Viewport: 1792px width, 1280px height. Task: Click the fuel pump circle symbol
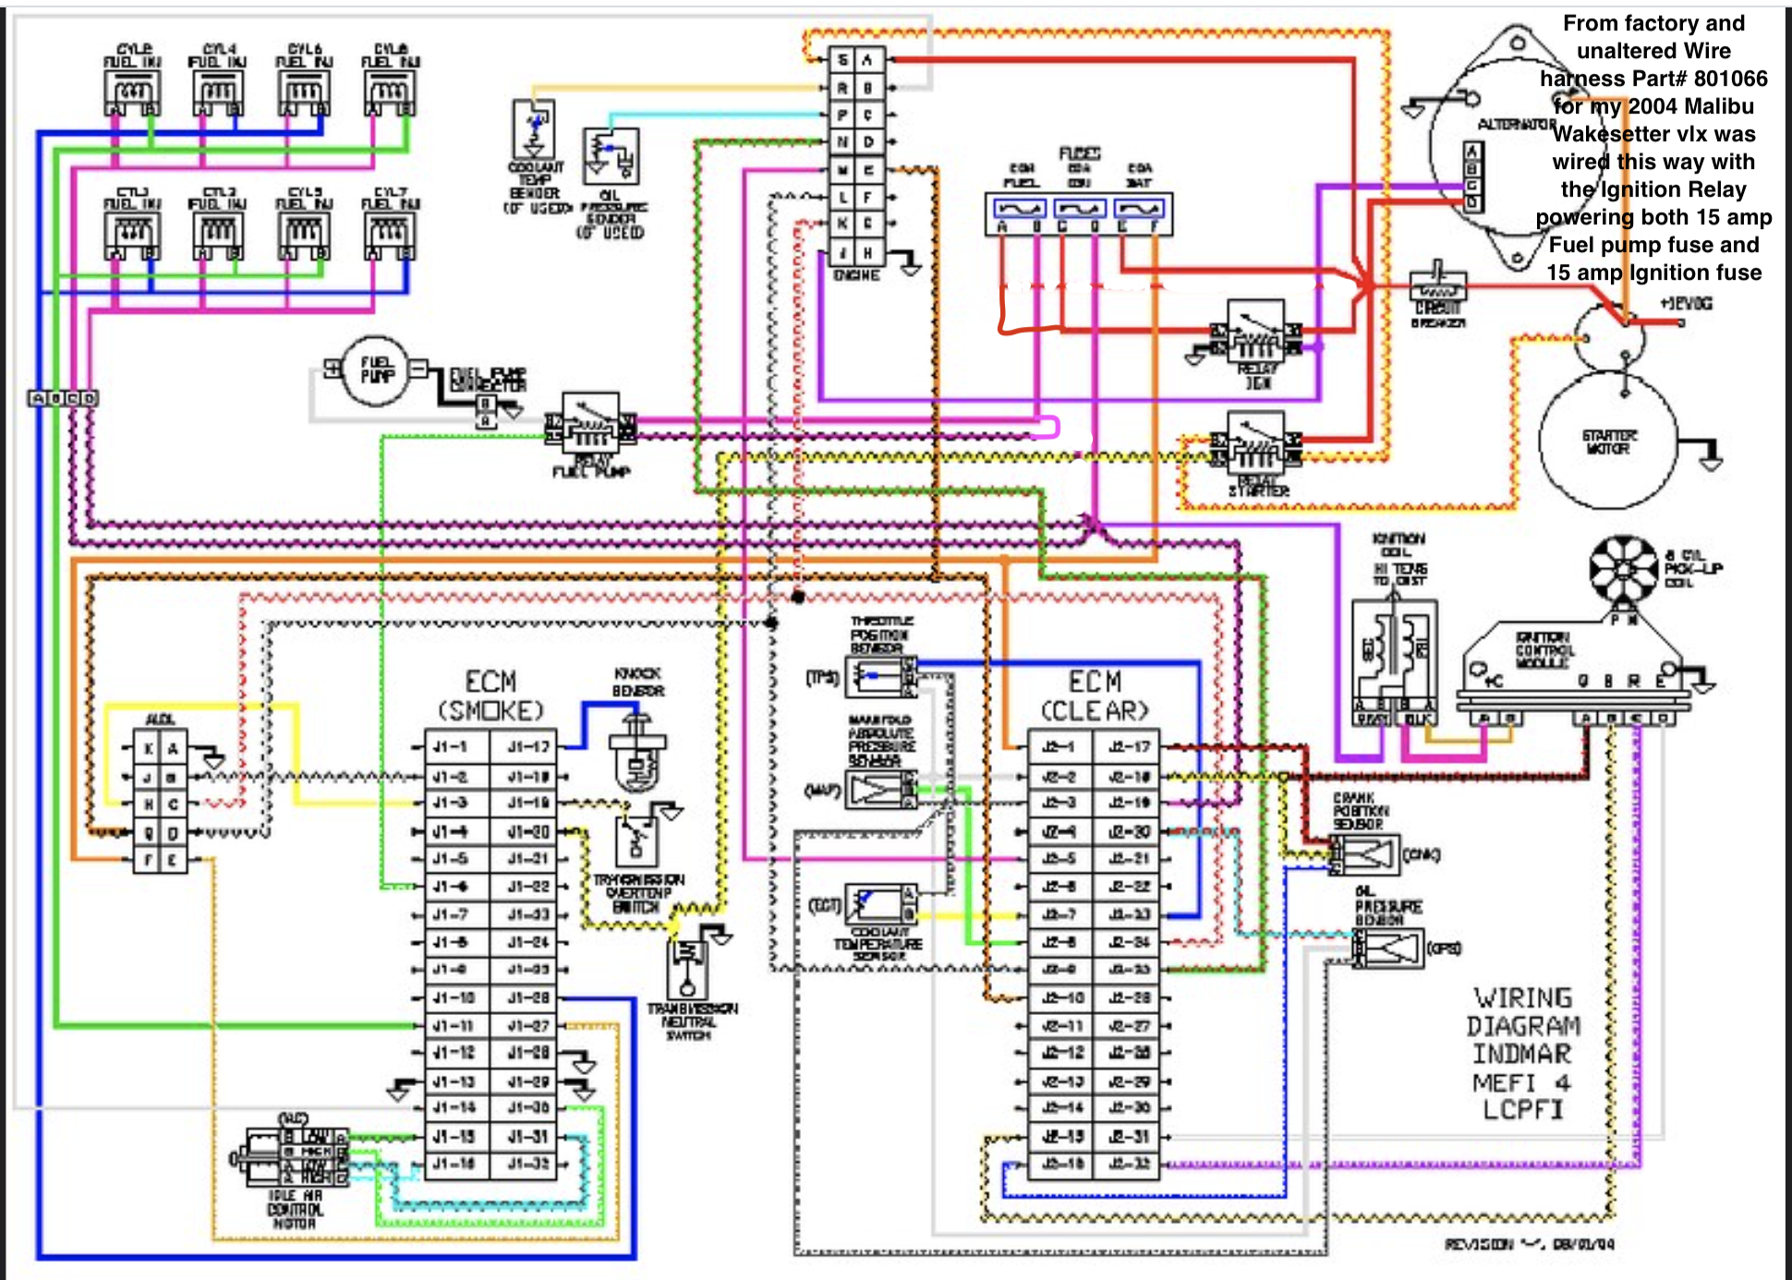[374, 371]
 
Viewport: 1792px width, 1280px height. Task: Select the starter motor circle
[1608, 441]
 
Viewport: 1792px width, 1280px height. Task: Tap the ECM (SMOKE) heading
[490, 696]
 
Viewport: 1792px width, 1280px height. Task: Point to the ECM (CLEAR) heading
[1095, 696]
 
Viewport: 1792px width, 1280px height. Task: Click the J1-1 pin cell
[452, 747]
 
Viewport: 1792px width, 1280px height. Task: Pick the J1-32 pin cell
[529, 1164]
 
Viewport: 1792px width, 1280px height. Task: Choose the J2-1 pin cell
[1059, 747]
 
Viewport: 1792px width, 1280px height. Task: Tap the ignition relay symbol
[1254, 332]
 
